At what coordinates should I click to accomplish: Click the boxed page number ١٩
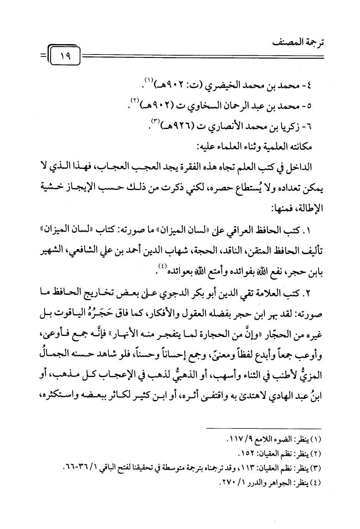pyautogui.click(x=64, y=57)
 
